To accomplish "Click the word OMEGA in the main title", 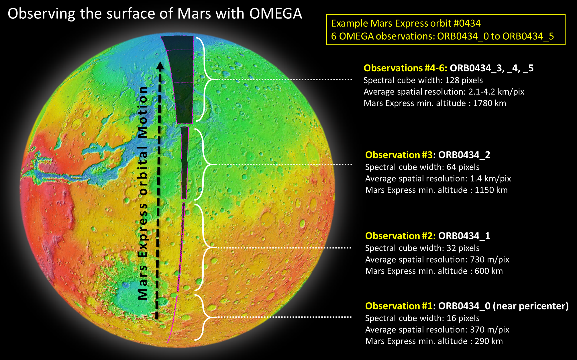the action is click(x=276, y=13).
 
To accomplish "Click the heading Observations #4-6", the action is click(x=405, y=68).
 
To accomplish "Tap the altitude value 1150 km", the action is click(x=491, y=190).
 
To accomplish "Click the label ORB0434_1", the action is click(x=464, y=236).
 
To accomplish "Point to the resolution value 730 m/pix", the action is click(x=490, y=260).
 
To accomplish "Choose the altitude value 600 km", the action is click(x=489, y=271).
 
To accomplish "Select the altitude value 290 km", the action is click(x=489, y=341).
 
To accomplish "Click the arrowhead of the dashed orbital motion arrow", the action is click(x=160, y=66).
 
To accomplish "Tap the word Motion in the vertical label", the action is click(x=142, y=112).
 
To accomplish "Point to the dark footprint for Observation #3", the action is click(x=185, y=163).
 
